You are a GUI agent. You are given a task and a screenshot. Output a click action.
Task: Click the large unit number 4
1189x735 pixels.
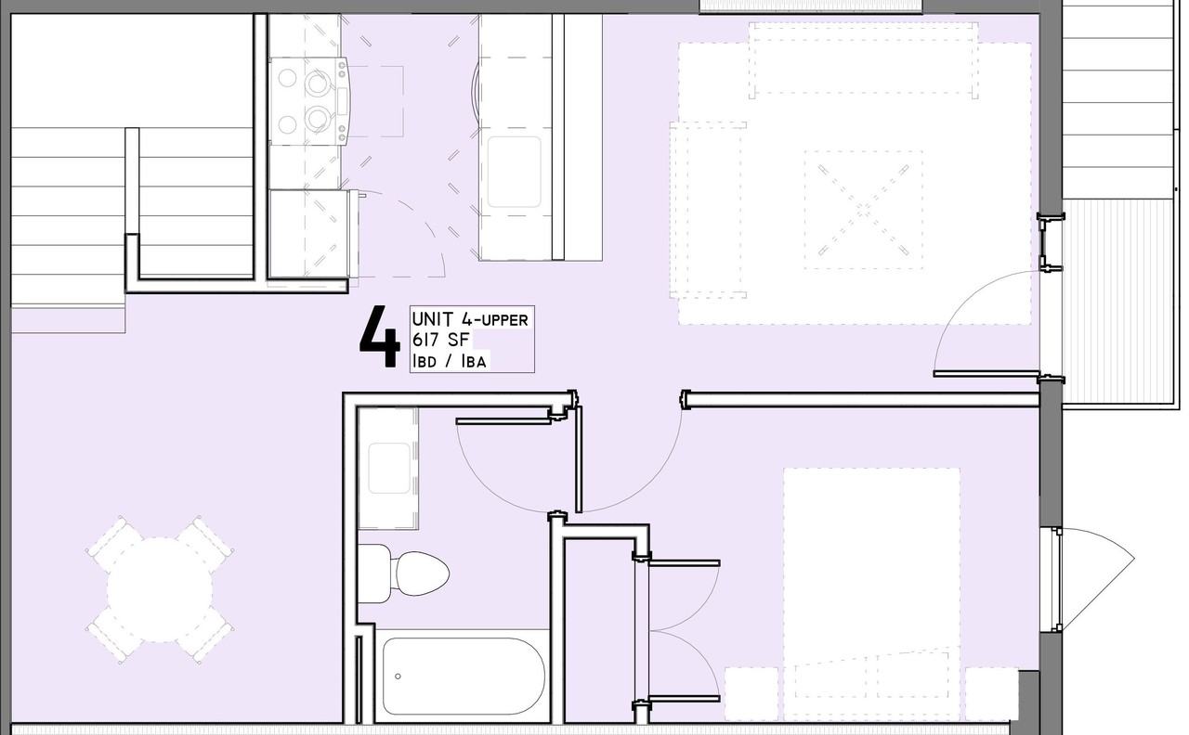pyautogui.click(x=379, y=339)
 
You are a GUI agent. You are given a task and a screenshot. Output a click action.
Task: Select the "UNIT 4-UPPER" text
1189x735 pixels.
pyautogui.click(x=470, y=319)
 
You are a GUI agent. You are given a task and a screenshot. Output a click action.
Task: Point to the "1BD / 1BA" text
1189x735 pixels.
pyautogui.click(x=450, y=361)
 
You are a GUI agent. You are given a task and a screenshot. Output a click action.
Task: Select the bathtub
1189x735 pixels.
pyautogui.click(x=463, y=675)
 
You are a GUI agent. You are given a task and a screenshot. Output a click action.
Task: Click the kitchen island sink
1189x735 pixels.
pyautogui.click(x=514, y=172)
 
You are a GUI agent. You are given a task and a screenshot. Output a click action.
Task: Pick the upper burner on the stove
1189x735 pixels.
pyautogui.click(x=318, y=82)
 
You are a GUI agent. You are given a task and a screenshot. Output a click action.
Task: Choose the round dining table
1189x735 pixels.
pyautogui.click(x=160, y=589)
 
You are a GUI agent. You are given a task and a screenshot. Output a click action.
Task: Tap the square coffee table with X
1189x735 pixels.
pyautogui.click(x=863, y=210)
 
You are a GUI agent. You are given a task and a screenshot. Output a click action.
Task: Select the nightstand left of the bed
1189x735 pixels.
pyautogui.click(x=751, y=692)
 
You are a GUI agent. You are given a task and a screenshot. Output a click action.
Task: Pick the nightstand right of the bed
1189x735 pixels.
pyautogui.click(x=990, y=692)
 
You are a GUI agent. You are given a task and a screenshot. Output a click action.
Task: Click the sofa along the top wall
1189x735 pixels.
pyautogui.click(x=863, y=59)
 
